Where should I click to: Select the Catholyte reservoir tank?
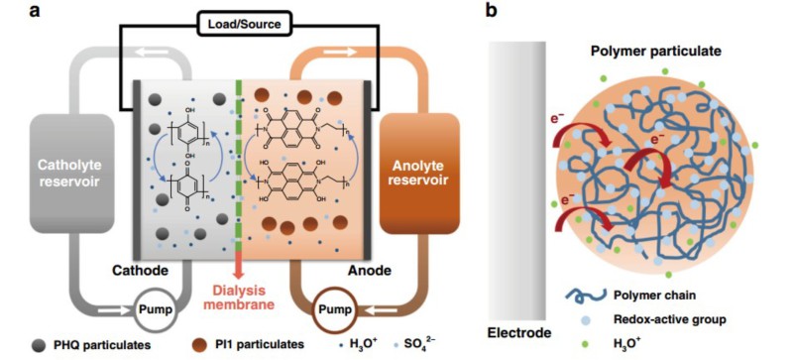point(71,173)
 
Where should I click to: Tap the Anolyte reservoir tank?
point(419,173)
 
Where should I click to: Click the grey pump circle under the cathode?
point(158,309)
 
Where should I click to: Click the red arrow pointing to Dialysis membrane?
point(239,265)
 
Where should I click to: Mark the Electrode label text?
point(518,332)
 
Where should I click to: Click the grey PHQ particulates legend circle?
point(38,344)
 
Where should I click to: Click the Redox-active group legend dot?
point(584,320)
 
